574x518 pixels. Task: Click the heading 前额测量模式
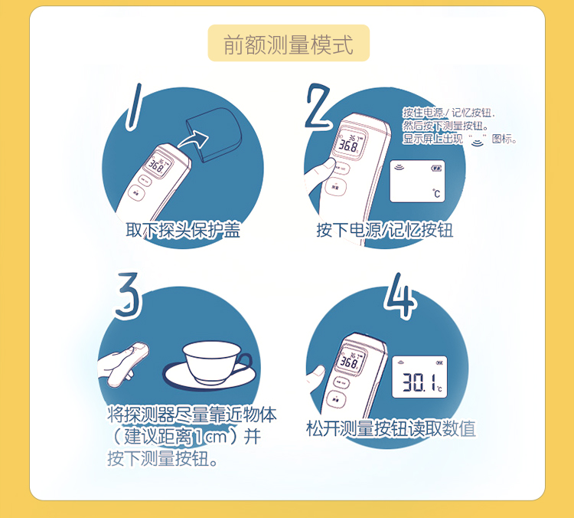[x=289, y=44]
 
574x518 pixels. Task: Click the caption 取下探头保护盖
[x=183, y=230]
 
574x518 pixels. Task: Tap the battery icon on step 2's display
[x=436, y=167]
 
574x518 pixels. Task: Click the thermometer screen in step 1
[x=157, y=165]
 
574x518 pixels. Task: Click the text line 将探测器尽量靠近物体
[x=192, y=415]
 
